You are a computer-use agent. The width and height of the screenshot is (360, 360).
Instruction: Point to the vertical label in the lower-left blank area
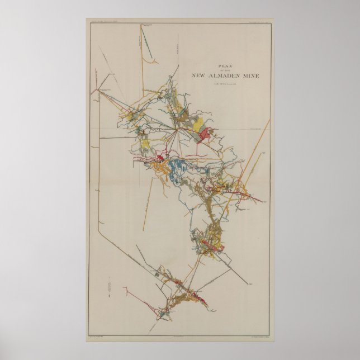(105, 290)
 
